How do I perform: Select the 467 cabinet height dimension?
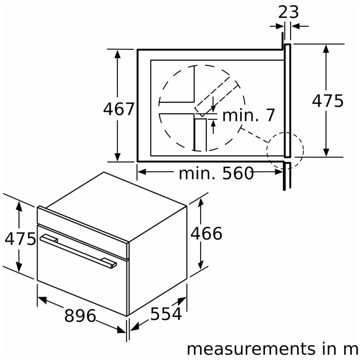(x=118, y=109)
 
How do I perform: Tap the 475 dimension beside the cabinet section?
(x=328, y=101)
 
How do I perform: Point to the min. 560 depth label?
(x=216, y=173)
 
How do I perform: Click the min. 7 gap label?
(x=248, y=115)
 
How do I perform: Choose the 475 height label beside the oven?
(x=20, y=239)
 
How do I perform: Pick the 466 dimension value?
(x=206, y=233)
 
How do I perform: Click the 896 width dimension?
(x=80, y=315)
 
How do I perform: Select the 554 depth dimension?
(x=166, y=314)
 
